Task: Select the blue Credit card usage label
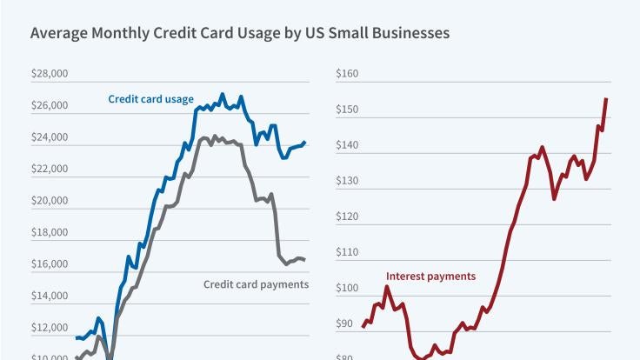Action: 150,99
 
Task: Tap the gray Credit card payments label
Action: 256,284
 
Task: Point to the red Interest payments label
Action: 430,277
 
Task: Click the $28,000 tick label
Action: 49,75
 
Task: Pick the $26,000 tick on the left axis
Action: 49,106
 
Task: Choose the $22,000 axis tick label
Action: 49,170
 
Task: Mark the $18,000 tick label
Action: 49,233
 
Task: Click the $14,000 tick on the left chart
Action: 49,297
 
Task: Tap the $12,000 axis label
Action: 49,328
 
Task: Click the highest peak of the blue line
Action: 223,94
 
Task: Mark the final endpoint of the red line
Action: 606,99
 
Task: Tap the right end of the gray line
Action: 304,259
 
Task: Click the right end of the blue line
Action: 304,142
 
